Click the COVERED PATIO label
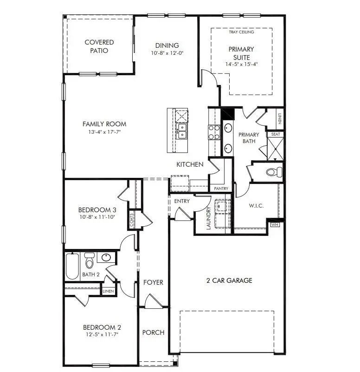click(x=99, y=46)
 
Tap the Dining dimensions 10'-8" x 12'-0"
click(x=167, y=53)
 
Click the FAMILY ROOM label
click(x=104, y=124)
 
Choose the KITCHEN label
click(x=189, y=164)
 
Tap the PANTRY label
click(x=221, y=189)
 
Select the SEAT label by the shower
click(x=276, y=134)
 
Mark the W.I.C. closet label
click(x=256, y=206)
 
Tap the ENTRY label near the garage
click(x=182, y=201)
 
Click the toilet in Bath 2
click(x=89, y=261)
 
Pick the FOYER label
click(x=153, y=282)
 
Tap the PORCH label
click(x=153, y=333)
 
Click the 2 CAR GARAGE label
click(x=229, y=280)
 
